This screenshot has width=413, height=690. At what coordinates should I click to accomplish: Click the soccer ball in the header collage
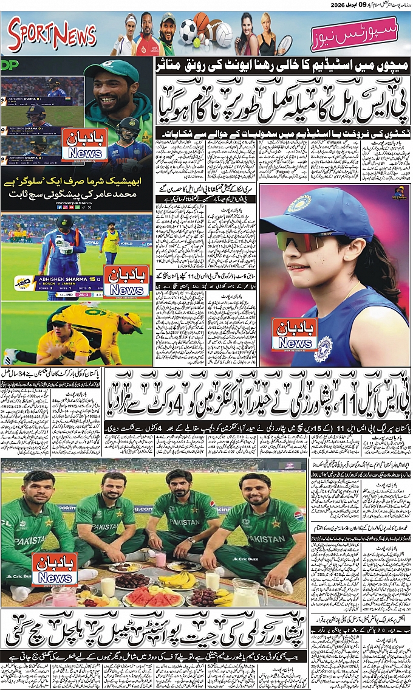tap(188, 29)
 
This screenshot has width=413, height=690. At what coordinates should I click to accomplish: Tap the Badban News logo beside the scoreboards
tap(84, 144)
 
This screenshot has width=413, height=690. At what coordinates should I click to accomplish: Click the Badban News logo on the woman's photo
tap(295, 334)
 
